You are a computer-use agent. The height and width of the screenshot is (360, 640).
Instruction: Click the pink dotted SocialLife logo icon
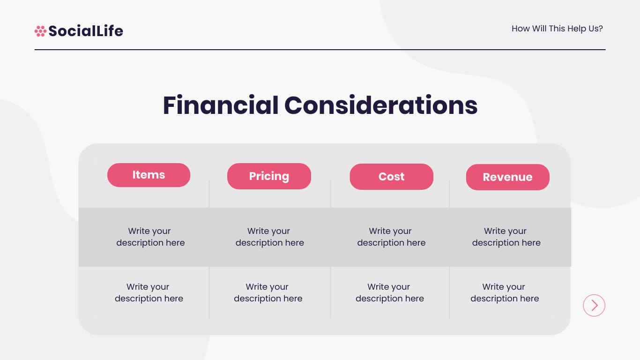pyautogui.click(x=40, y=31)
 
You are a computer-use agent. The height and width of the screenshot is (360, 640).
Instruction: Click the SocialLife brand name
pyautogui.click(x=86, y=31)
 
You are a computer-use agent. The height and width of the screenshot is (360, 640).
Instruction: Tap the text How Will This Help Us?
pyautogui.click(x=557, y=29)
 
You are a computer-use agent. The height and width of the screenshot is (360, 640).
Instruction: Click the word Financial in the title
pyautogui.click(x=220, y=105)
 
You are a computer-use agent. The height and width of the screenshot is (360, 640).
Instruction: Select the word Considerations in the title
pyautogui.click(x=381, y=105)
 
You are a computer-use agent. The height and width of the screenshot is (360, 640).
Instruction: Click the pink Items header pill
pyautogui.click(x=149, y=175)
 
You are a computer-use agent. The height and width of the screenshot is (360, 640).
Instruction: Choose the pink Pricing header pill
pyautogui.click(x=269, y=176)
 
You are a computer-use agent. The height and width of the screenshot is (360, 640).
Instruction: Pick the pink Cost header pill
pyautogui.click(x=391, y=177)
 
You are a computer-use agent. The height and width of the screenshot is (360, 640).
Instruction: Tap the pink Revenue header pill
pyautogui.click(x=507, y=177)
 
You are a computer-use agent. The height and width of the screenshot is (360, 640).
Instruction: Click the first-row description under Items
pyautogui.click(x=150, y=237)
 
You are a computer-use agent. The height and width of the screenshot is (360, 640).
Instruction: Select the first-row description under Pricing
pyautogui.click(x=269, y=237)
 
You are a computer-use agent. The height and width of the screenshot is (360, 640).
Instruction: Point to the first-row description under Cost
pyautogui.click(x=391, y=237)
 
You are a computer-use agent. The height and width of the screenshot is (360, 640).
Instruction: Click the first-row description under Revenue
pyautogui.click(x=506, y=237)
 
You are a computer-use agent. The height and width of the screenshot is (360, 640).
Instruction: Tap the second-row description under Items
pyautogui.click(x=149, y=292)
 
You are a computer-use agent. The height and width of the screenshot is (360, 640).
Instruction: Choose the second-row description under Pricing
pyautogui.click(x=268, y=292)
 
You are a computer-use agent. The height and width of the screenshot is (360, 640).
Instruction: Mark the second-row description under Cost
pyautogui.click(x=389, y=292)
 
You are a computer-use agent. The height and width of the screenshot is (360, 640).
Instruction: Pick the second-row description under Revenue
pyautogui.click(x=505, y=292)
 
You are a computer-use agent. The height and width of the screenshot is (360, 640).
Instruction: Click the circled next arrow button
pyautogui.click(x=594, y=305)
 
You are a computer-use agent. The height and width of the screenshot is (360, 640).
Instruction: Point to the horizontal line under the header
pyautogui.click(x=320, y=49)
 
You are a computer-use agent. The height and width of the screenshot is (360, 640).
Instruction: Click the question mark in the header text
pyautogui.click(x=600, y=29)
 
